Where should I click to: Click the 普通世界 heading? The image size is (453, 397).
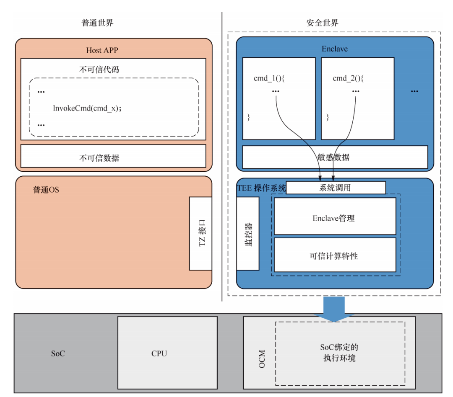pos(97,23)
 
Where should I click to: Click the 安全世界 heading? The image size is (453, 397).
pos(323,23)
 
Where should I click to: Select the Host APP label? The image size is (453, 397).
pos(102,50)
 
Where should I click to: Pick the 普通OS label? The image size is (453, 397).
pos(46,190)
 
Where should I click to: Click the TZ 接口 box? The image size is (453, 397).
pos(200,234)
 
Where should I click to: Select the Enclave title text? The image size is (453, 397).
pos(334,49)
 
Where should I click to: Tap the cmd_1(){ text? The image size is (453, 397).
pos(269,78)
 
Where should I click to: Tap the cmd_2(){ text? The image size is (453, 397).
pos(348,78)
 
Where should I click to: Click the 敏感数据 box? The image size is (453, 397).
pos(335,157)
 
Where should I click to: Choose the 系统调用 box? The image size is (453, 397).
pos(336,188)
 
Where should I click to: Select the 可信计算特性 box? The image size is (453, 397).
pos(334,255)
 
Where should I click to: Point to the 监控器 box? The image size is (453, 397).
pos(247,234)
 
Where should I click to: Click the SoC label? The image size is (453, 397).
pos(58,353)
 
